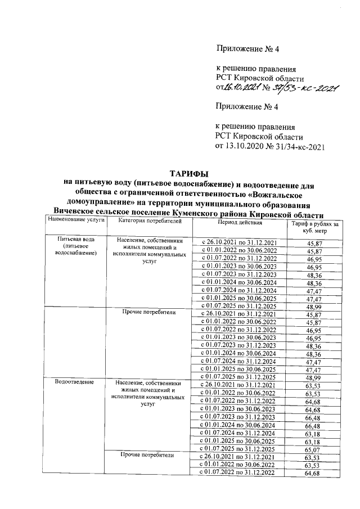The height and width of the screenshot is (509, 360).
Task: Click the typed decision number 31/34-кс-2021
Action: click(303, 147)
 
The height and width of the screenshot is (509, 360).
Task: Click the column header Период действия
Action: click(223, 222)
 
